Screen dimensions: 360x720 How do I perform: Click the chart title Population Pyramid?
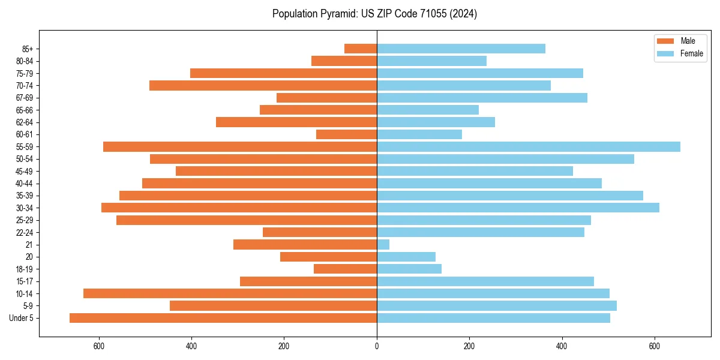point(374,14)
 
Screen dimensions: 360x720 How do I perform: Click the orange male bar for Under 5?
point(223,318)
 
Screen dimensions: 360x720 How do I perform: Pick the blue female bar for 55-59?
point(528,146)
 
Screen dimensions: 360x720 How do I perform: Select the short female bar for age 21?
point(383,244)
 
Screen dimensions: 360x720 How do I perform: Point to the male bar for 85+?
point(361,49)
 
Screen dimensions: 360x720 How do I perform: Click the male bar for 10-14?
point(230,293)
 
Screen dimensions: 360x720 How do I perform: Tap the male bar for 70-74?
point(263,85)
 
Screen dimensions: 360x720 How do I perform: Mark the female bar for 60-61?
point(419,134)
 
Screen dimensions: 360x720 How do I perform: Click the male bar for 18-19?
point(345,269)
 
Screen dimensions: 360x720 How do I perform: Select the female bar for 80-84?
point(431,61)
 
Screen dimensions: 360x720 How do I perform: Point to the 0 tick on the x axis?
point(377,346)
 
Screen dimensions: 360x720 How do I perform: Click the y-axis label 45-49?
point(25,171)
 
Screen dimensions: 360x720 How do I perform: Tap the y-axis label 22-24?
point(25,232)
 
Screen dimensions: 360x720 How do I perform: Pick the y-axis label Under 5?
point(22,318)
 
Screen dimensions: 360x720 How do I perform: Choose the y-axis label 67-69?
point(25,98)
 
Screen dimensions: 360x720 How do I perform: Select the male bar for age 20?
point(328,257)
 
